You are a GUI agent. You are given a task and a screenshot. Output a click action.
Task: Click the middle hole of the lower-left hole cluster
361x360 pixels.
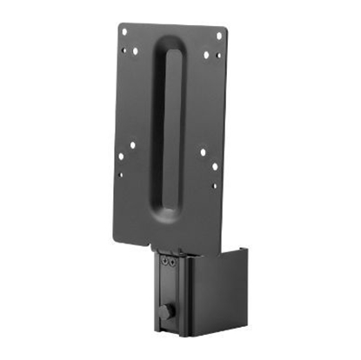point(121,157)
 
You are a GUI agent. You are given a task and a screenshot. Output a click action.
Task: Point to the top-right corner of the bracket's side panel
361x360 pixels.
point(247,250)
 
